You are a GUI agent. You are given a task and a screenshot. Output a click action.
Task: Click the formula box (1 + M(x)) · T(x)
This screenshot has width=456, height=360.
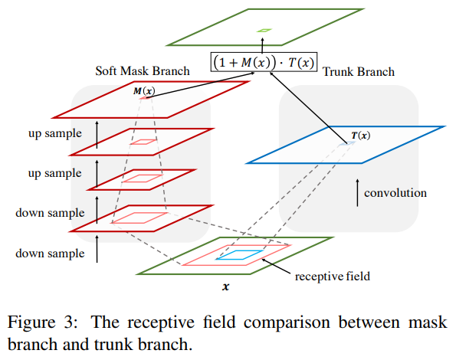[264, 62]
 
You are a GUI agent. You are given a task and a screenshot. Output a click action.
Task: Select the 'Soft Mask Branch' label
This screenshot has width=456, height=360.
[143, 71]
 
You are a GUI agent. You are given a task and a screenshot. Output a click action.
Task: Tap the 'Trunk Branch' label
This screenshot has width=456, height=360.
[359, 71]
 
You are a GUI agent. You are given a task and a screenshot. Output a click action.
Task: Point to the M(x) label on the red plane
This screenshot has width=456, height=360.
[144, 91]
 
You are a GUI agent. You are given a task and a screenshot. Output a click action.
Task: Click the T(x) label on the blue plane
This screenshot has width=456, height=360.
[361, 136]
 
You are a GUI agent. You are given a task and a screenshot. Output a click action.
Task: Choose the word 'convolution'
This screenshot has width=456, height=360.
[395, 193]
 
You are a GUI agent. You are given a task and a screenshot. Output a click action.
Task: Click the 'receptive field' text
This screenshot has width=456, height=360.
[333, 277]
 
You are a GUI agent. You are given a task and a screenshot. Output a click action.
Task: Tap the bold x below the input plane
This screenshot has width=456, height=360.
[225, 287]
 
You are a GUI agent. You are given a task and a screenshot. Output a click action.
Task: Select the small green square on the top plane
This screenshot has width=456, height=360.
[264, 30]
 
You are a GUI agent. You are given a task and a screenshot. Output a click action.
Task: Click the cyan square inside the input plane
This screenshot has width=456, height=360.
[240, 254]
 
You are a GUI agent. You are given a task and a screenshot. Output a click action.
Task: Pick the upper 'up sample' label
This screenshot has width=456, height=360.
[55, 133]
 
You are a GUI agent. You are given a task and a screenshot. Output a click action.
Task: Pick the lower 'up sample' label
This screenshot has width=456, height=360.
[55, 173]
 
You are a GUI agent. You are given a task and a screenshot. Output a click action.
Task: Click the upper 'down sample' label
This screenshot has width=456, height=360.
[50, 213]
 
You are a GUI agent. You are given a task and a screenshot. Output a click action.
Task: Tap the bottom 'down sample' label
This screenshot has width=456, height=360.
[50, 254]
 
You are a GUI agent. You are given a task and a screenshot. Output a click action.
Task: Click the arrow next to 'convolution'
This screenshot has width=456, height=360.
[357, 193]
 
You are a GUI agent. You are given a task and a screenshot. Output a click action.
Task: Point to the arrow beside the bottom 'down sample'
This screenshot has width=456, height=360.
[97, 249]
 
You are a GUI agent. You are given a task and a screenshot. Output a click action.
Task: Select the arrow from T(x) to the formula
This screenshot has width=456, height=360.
[307, 107]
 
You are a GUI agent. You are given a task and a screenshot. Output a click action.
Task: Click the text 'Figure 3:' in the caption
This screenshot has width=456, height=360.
[43, 322]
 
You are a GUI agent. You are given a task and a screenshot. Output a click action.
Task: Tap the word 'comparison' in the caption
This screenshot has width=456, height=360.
[287, 322]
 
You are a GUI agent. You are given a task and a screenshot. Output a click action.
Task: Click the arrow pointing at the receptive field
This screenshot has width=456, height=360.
[276, 266]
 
